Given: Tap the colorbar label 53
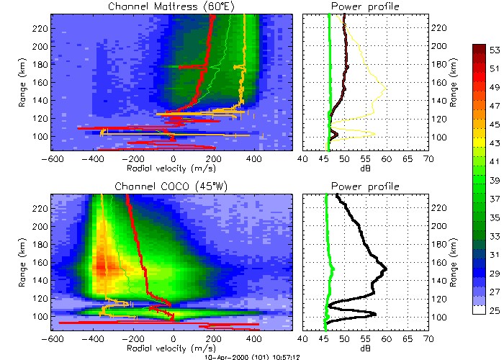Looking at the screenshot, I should coord(496,50).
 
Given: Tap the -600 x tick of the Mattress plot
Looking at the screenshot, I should coord(52,160).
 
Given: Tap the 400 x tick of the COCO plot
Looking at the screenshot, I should coord(253,339).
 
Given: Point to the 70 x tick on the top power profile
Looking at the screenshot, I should coord(428,160).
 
